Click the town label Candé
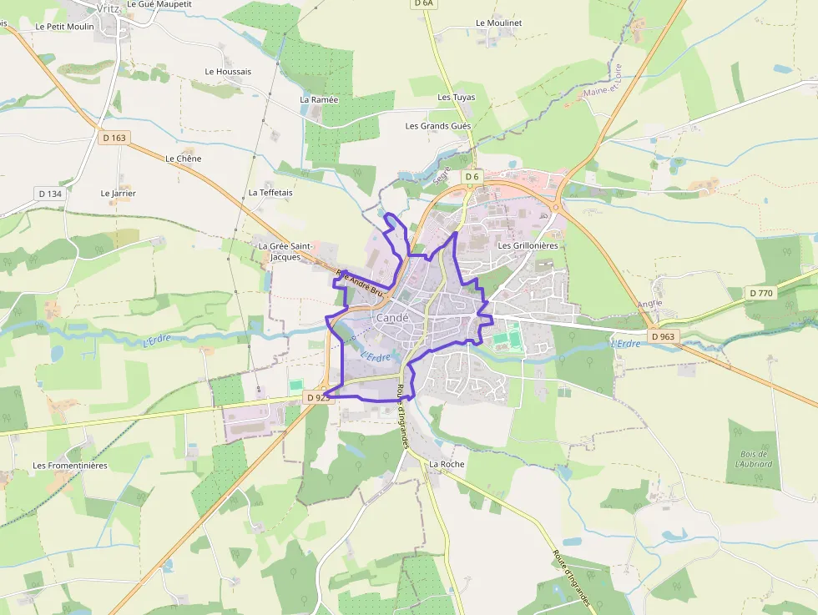point(392,318)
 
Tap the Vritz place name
point(109,8)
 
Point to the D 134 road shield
point(50,194)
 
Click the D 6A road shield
point(424,3)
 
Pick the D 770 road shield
point(761,293)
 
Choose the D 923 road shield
point(319,398)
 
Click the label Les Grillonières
point(528,246)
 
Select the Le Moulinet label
point(498,23)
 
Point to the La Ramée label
point(319,99)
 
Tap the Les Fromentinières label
point(70,465)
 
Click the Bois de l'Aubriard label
point(754,458)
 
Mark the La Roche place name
point(447,464)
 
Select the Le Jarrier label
point(118,194)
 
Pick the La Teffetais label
point(270,193)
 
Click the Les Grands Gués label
point(438,126)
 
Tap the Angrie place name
point(649,304)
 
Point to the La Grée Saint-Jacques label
point(285,251)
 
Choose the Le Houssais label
point(228,72)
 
